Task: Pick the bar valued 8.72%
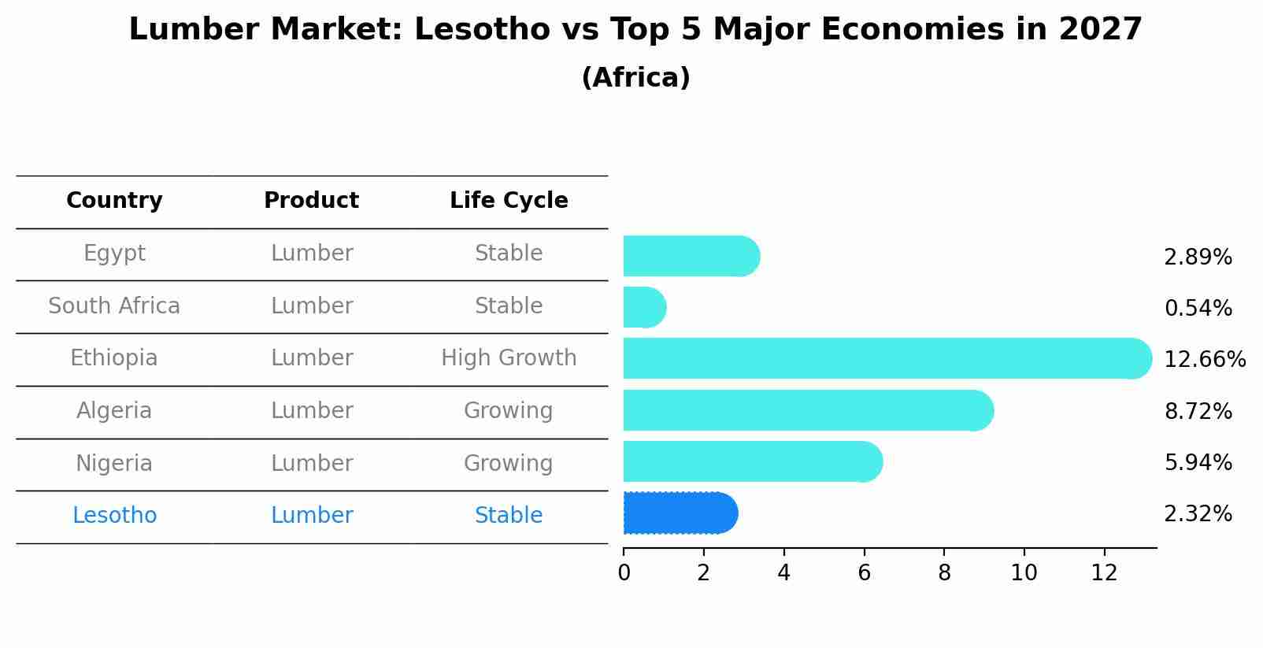[x=808, y=410]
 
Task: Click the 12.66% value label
[x=1204, y=360]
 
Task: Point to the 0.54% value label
[x=1198, y=309]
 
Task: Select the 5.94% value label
[x=1198, y=463]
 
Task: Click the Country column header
[x=114, y=201]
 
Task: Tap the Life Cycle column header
[x=509, y=201]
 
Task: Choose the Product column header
[x=311, y=201]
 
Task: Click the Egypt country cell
[x=114, y=254]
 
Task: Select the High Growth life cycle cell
[x=509, y=358]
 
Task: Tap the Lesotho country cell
[x=114, y=516]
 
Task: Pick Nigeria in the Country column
[x=114, y=463]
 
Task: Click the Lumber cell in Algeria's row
[x=311, y=411]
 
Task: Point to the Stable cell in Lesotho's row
[x=509, y=516]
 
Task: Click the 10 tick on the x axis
[x=1024, y=573]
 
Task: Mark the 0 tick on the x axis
[x=624, y=573]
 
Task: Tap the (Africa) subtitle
[x=635, y=78]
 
